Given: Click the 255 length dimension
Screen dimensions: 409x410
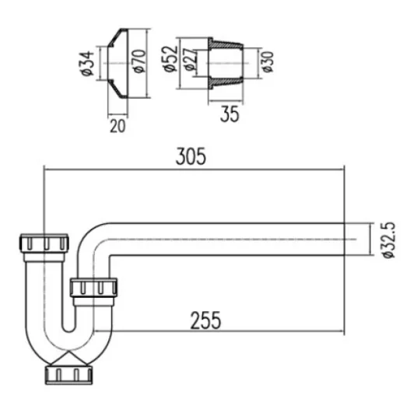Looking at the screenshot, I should [204, 319].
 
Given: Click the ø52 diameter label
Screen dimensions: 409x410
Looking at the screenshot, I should [170, 58].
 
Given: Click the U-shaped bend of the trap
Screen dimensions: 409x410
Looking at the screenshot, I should [70, 342].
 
